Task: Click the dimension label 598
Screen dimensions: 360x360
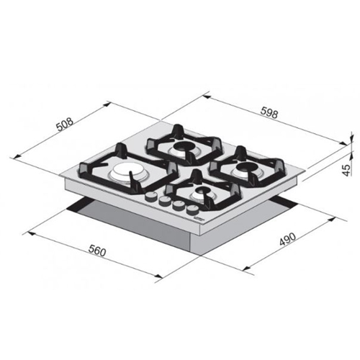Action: [x=269, y=113]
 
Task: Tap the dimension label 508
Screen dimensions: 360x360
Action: [x=65, y=124]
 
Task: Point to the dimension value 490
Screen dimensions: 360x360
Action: [x=287, y=239]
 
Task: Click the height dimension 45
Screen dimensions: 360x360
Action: [x=346, y=170]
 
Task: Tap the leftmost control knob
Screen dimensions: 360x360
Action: [x=150, y=197]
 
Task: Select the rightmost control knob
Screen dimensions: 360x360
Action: [x=192, y=210]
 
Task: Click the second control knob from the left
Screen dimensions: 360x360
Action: [x=164, y=201]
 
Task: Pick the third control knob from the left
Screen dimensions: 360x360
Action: [x=178, y=206]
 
